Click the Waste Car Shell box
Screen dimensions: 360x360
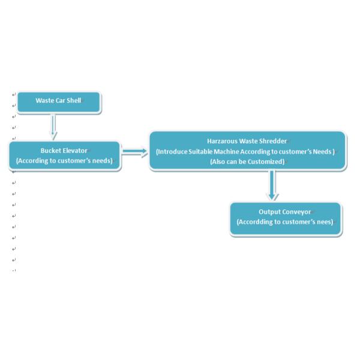pyautogui.click(x=58, y=102)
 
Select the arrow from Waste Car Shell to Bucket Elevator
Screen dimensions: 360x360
pyautogui.click(x=53, y=126)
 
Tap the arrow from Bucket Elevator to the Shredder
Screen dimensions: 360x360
pyautogui.click(x=135, y=151)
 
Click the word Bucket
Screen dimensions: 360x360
pyautogui.click(x=50, y=151)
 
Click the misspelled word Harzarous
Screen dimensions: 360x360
pyautogui.click(x=220, y=141)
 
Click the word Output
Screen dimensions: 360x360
pyautogui.click(x=269, y=212)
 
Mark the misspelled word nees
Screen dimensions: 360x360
pyautogui.click(x=325, y=222)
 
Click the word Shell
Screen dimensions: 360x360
pyautogui.click(x=74, y=100)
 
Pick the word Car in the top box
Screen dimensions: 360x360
pyautogui.click(x=59, y=100)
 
